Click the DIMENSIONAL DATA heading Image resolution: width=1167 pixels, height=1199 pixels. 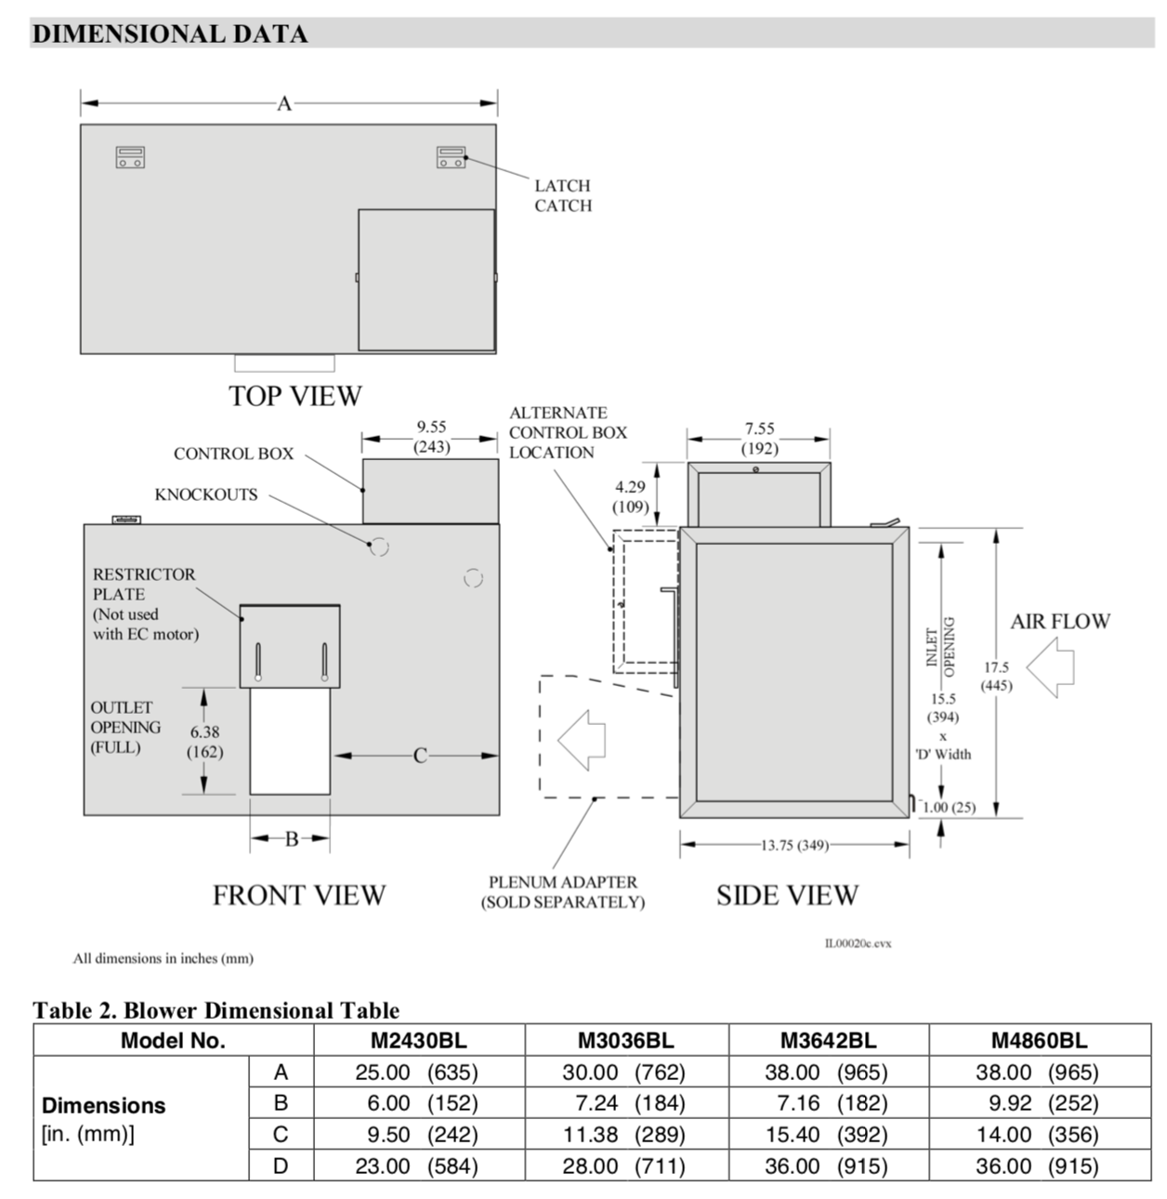169,34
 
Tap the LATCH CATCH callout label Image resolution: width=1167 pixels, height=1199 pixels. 562,196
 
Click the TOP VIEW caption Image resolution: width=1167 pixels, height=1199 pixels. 295,396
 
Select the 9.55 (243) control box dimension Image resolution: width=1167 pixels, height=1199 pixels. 431,437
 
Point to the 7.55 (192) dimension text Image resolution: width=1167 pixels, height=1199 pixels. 759,439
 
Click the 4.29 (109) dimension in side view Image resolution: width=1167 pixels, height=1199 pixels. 630,497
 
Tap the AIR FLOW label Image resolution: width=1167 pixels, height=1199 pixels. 1060,622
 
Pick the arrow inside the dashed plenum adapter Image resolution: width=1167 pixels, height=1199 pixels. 582,740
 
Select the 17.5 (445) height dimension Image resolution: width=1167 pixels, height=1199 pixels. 996,677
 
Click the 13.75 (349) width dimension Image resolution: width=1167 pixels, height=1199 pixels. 795,845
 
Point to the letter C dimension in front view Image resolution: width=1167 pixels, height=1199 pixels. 420,756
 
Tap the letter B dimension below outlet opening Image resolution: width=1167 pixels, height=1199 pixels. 291,839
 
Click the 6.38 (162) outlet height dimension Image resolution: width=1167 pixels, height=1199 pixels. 204,742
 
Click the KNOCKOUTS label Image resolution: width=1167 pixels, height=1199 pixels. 206,494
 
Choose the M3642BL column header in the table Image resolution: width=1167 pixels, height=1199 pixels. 828,1040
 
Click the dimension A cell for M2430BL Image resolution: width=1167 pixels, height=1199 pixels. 417,1072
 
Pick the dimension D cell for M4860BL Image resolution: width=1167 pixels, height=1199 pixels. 1037,1166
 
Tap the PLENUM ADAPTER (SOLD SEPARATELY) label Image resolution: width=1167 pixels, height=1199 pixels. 562,892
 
